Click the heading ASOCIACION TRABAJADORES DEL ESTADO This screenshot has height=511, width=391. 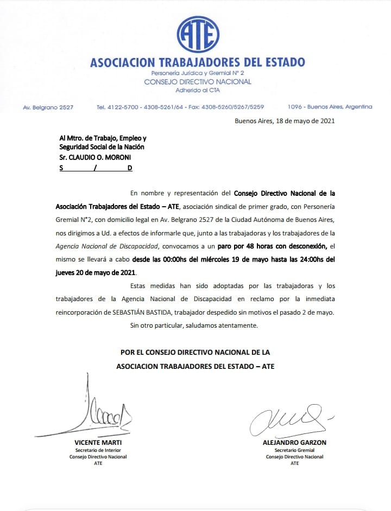pyautogui.click(x=198, y=62)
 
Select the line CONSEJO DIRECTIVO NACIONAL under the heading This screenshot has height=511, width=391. pyautogui.click(x=198, y=81)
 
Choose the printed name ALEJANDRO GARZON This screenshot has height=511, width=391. pyautogui.click(x=295, y=442)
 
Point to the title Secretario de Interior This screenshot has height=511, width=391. pyautogui.click(x=98, y=450)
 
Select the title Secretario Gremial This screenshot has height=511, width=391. pyautogui.click(x=295, y=450)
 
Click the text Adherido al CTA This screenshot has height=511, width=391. pyautogui.click(x=198, y=90)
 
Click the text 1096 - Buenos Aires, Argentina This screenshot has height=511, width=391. pyautogui.click(x=330, y=107)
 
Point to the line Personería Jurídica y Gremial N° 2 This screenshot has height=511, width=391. pyautogui.click(x=198, y=73)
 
